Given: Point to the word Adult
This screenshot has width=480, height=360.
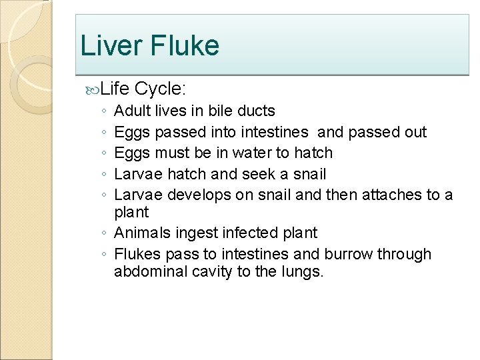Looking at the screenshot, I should pyautogui.click(x=132, y=111).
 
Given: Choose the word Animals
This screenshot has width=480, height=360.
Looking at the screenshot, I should pyautogui.click(x=141, y=233).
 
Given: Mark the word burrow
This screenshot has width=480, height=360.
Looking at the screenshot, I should pyautogui.click(x=349, y=254).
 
